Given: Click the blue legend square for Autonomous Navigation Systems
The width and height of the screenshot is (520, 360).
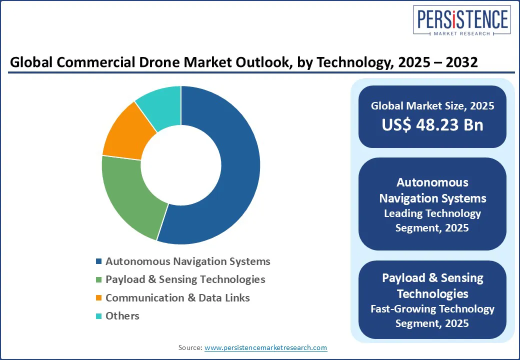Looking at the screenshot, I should click(98, 261).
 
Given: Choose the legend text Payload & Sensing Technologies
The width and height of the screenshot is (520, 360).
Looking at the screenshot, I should click(185, 279).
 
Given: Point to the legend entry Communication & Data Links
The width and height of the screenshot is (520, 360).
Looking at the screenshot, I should click(177, 298).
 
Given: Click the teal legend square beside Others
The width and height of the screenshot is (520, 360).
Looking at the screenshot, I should click(98, 316).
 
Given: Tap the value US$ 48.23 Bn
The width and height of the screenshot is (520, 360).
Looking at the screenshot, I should click(432, 125).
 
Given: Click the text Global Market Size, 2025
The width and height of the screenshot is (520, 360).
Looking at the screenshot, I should click(432, 105).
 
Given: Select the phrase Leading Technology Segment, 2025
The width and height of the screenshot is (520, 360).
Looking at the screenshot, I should click(432, 220).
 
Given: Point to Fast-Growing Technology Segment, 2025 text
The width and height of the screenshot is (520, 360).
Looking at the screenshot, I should click(432, 316).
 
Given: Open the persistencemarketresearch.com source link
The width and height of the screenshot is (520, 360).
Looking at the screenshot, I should click(265, 347).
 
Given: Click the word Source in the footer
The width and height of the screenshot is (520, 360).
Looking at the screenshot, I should click(190, 347).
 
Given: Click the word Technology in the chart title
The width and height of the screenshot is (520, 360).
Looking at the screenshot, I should click(361, 62).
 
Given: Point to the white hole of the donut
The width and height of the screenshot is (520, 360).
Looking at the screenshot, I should click(181, 165).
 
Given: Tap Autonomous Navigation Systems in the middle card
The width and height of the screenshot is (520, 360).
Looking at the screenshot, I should click(432, 190).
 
